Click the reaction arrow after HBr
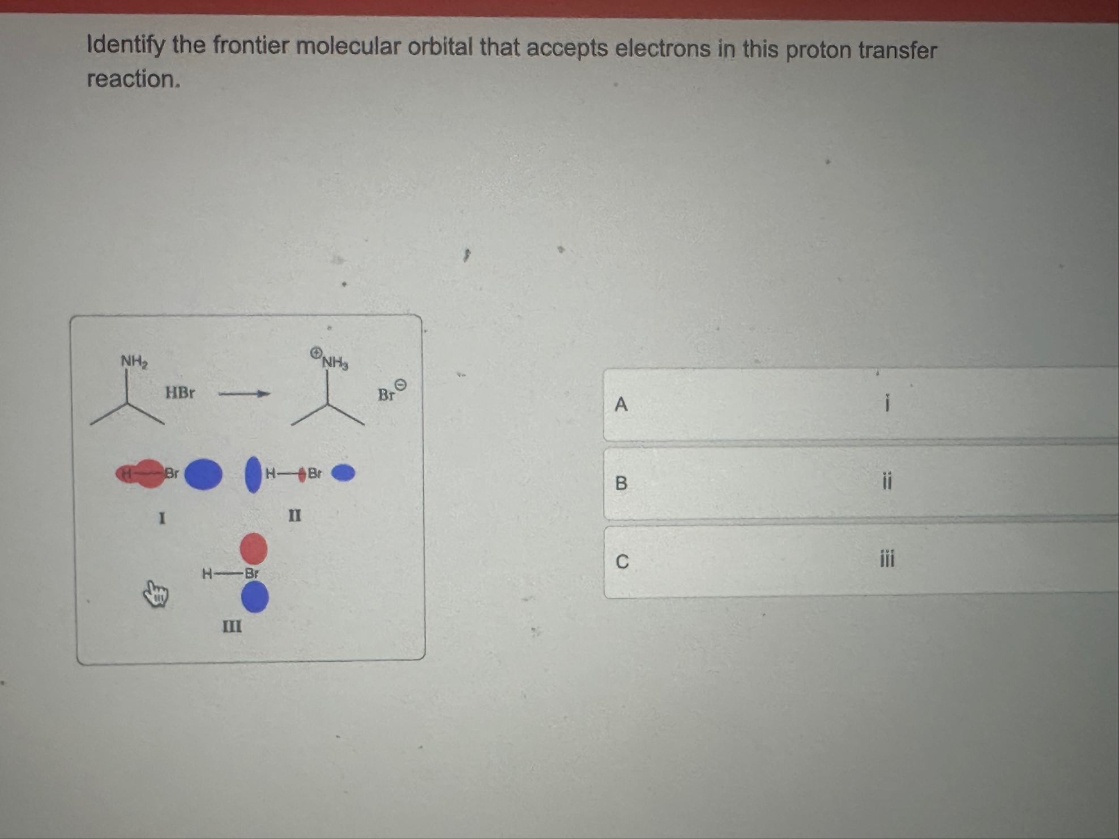pos(244,393)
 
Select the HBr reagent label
pos(180,392)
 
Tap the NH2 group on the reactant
pos(134,361)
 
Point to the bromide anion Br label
pos(386,395)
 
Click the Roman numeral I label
pos(162,517)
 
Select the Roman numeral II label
pos(294,515)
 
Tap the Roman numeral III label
pos(232,626)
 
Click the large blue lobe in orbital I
pos(203,474)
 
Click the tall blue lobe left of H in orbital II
pos(253,474)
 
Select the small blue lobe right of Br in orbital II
pos(343,473)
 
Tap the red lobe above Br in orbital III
pos(254,549)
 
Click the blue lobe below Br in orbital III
pos(255,597)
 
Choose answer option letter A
pos(621,404)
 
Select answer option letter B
pos(621,483)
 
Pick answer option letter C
pos(622,562)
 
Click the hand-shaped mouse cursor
pos(155,593)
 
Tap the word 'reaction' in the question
pos(132,79)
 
